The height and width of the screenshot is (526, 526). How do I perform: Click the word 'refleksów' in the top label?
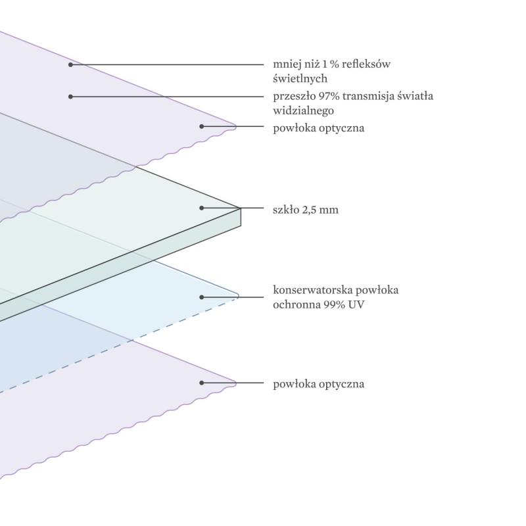[366, 64]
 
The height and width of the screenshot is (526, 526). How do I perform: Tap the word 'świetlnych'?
[300, 78]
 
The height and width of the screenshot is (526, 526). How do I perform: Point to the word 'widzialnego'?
[303, 110]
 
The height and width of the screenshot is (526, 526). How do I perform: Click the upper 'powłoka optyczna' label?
[318, 128]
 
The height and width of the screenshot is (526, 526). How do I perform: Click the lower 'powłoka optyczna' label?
[318, 384]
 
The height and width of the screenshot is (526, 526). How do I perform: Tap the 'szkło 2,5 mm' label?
[306, 210]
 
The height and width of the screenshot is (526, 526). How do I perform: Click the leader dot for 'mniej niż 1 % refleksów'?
[70, 64]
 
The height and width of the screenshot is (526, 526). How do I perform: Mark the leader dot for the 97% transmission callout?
[70, 97]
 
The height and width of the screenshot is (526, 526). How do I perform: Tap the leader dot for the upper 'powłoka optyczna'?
[202, 126]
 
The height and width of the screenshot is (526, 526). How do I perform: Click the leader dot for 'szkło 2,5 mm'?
[202, 208]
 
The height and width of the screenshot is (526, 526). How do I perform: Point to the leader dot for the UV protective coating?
[202, 297]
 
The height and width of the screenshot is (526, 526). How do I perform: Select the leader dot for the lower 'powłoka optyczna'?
[202, 383]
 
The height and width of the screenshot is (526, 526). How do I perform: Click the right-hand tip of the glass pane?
[241, 208]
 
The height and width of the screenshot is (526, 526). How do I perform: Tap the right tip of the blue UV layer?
[238, 297]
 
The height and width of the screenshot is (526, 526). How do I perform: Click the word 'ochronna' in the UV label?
[297, 304]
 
